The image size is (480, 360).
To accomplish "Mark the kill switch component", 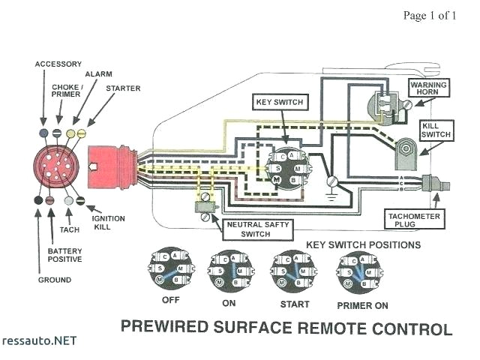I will coord(406,154).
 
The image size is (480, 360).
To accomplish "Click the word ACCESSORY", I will coord(58,64).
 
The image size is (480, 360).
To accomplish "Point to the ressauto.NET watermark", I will coord(40,340).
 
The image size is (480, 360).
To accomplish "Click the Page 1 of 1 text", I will coord(429,15).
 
